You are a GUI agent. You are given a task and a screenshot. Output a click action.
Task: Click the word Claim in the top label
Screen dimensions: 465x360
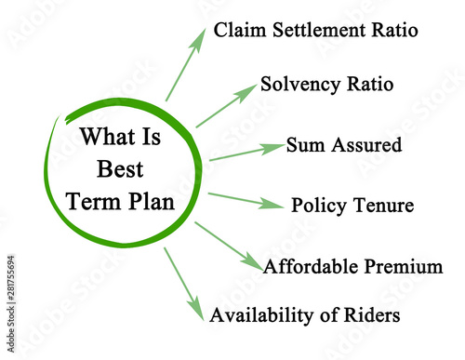pyautogui.click(x=240, y=30)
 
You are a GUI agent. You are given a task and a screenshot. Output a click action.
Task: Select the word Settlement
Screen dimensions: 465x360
pyautogui.click(x=319, y=30)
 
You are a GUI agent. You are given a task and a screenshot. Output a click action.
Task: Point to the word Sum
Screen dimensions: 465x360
pyautogui.click(x=305, y=145)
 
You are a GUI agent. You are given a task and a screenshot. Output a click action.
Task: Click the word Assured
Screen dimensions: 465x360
pyautogui.click(x=366, y=145)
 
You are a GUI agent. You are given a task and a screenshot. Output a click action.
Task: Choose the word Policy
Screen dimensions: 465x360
pyautogui.click(x=319, y=206)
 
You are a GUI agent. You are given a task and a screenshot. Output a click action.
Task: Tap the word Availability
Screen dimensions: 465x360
pyautogui.click(x=261, y=315)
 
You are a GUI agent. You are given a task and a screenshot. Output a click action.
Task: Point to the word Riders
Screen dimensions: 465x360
pyautogui.click(x=372, y=314)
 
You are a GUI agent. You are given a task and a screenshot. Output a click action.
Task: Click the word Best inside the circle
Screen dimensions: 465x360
pyautogui.click(x=120, y=169)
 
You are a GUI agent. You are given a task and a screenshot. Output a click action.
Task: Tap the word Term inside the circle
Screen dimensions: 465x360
pyautogui.click(x=94, y=202)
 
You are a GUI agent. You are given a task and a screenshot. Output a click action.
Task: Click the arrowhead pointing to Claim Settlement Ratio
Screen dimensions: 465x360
pyautogui.click(x=199, y=38)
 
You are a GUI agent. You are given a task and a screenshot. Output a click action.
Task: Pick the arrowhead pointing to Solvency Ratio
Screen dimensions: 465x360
pyautogui.click(x=247, y=91)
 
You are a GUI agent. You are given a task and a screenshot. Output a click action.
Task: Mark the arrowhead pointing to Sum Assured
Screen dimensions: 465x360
pyautogui.click(x=272, y=148)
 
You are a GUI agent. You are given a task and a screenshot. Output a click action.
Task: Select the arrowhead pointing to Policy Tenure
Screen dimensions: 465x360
pyautogui.click(x=271, y=203)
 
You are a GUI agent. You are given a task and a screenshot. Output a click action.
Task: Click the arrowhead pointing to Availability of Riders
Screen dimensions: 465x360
pyautogui.click(x=196, y=311)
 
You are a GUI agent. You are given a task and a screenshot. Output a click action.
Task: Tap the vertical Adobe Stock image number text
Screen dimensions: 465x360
pyautogui.click(x=11, y=304)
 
